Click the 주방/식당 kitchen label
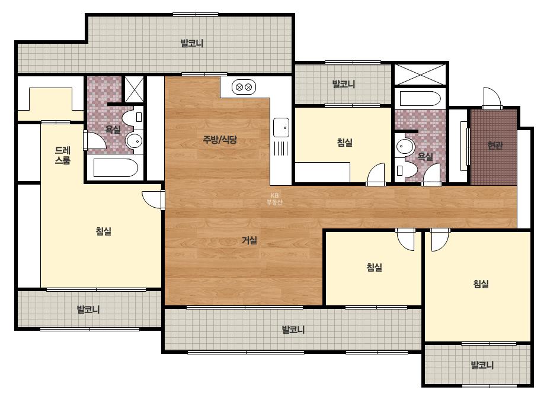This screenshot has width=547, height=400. (x=220, y=140)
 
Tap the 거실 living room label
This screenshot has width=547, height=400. (x=249, y=240)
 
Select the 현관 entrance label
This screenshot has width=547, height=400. (x=495, y=146)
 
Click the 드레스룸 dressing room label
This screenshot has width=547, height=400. (x=63, y=156)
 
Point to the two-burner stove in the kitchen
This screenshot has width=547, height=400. (x=244, y=87)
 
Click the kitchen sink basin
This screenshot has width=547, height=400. (x=281, y=128)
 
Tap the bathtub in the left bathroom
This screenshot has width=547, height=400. (x=116, y=168)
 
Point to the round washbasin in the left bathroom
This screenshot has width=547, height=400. (x=135, y=141)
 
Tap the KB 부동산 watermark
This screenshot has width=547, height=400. (x=274, y=199)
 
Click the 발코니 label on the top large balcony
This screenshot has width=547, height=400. (x=192, y=44)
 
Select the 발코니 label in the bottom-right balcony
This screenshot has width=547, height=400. (x=482, y=365)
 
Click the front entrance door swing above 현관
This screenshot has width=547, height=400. (x=492, y=98)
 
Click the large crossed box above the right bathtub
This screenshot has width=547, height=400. (x=420, y=74)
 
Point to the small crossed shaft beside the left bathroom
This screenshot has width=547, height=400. (x=135, y=89)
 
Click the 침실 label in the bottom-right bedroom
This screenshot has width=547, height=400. (x=481, y=284)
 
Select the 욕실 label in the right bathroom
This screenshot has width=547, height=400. (x=426, y=157)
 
